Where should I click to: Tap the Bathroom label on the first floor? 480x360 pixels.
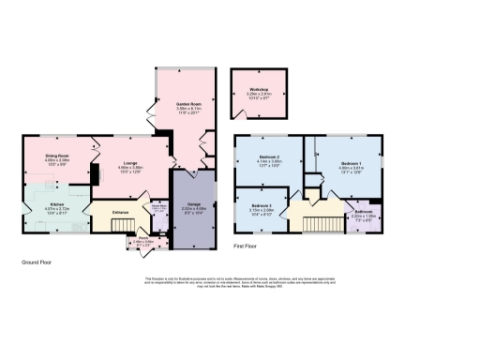pyautogui.click(x=363, y=212)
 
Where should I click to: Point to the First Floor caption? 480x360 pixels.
pyautogui.click(x=246, y=246)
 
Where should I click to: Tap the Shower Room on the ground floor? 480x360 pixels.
pyautogui.click(x=157, y=212)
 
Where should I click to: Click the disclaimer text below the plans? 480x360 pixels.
pyautogui.click(x=239, y=282)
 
